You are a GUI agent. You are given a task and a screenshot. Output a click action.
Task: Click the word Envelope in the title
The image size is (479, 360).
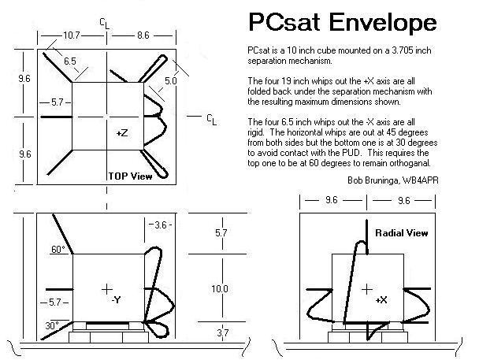pos(383,23)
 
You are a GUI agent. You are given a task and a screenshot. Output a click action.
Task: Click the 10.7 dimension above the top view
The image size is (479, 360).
pos(72,35)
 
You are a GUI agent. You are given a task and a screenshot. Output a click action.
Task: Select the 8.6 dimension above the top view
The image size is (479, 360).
pos(143,35)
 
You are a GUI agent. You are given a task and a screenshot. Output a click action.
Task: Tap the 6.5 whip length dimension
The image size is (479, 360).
pos(70,61)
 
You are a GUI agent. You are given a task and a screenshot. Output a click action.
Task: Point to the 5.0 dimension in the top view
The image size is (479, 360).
pos(171,80)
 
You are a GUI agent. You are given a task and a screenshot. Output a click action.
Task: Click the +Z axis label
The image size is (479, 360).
pos(122,133)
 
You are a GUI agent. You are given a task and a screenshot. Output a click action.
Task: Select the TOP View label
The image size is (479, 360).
pos(131,176)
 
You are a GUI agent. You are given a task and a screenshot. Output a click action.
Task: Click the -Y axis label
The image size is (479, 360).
pos(116,300)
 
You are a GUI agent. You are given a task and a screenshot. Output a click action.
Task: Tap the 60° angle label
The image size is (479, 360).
pos(58,250)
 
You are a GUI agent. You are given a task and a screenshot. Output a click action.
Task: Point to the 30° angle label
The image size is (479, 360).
pos(52,325)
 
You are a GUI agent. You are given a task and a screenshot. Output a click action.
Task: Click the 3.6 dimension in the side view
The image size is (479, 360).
pos(160,225)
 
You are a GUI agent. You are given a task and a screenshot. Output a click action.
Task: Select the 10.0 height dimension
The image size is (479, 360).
pos(220,288)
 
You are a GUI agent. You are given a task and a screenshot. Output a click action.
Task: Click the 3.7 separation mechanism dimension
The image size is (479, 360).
pos(223,332)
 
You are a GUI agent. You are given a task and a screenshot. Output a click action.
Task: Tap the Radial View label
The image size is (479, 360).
pos(402,233)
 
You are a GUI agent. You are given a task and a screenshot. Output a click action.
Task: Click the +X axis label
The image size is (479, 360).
pos(381,300)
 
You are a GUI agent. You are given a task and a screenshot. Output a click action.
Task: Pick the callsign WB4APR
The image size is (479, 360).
pos(421,180)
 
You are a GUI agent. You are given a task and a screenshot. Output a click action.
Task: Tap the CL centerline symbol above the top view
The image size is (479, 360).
pos(105,23)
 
